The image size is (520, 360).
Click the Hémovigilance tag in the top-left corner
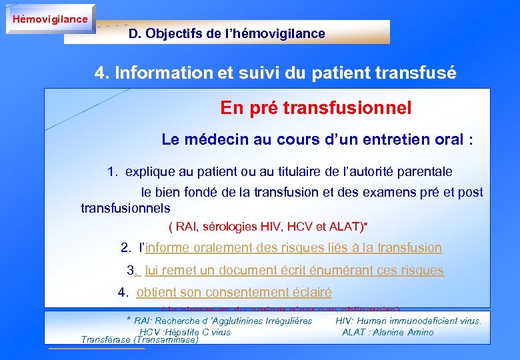point(49,19)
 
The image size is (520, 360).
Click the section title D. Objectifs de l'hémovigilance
point(227,33)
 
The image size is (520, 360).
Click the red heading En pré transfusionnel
point(315,107)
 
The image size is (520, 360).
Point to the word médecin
point(215,139)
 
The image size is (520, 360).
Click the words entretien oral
point(415,139)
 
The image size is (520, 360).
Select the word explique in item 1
point(147,172)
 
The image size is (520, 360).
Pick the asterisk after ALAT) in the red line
point(365,226)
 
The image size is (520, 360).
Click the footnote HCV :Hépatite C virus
point(185,331)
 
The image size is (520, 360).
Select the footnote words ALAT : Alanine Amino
point(387,331)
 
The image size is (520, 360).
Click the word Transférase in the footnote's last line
point(106,339)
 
